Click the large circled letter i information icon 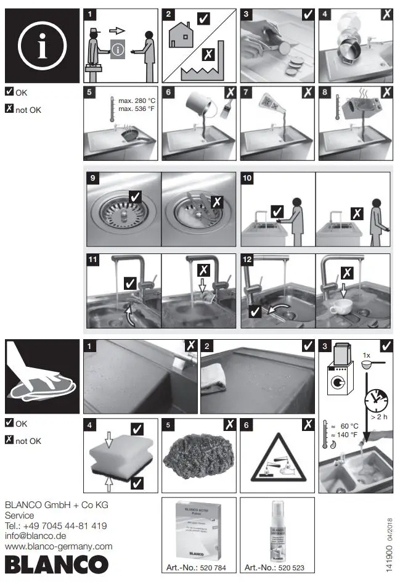(42, 46)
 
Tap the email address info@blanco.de (38, 536)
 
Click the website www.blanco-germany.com (59, 546)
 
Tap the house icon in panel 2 (182, 36)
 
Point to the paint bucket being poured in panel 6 (192, 107)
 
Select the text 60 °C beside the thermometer (349, 426)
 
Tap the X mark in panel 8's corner (386, 92)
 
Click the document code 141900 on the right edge (389, 554)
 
